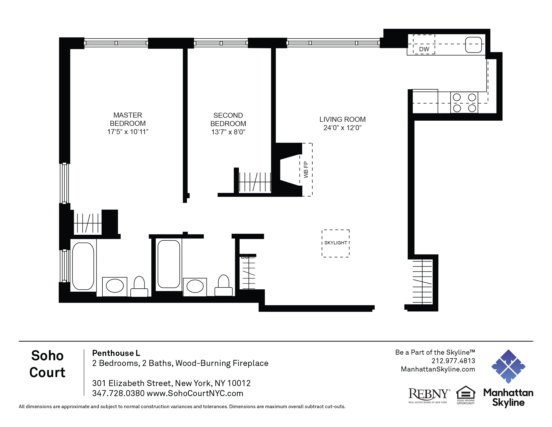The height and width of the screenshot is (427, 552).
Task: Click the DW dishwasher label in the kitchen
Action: pyautogui.click(x=424, y=49)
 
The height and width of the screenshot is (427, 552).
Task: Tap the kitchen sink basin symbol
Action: pyautogui.click(x=473, y=45)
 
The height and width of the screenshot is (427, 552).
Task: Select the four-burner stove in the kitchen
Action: pyautogui.click(x=464, y=103)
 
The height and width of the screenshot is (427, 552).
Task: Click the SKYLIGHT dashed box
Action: pyautogui.click(x=335, y=243)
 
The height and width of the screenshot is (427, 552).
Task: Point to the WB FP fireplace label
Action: pyautogui.click(x=306, y=170)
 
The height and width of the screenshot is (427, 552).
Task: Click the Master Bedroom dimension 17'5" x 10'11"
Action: pyautogui.click(x=128, y=132)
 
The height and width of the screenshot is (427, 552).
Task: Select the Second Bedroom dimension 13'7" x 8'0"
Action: pyautogui.click(x=228, y=132)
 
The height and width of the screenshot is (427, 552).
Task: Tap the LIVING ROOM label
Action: pyautogui.click(x=342, y=119)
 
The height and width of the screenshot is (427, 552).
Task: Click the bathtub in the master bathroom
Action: pyautogui.click(x=83, y=266)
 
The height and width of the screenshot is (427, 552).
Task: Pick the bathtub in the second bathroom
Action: pyautogui.click(x=169, y=264)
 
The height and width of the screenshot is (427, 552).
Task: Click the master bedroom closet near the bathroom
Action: pyautogui.click(x=88, y=223)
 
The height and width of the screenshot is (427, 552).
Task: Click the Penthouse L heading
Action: pyautogui.click(x=116, y=353)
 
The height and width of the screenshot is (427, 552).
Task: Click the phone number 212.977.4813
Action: pyautogui.click(x=453, y=361)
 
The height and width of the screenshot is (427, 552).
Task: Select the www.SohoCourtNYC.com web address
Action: pyautogui.click(x=195, y=393)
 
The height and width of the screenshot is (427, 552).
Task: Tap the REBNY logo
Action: pyautogui.click(x=429, y=395)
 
